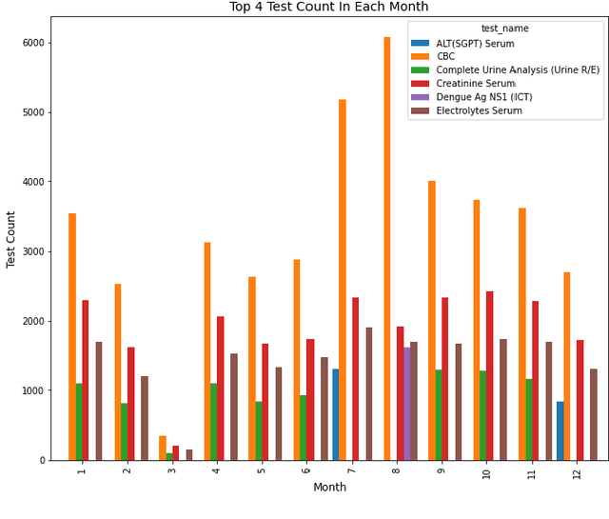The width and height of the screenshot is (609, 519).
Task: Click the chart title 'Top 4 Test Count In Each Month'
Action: [329, 8]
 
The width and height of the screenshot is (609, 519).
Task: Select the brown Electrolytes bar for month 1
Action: [99, 401]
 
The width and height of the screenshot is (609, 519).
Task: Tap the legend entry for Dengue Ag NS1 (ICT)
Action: [483, 97]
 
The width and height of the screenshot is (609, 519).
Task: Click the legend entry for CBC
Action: [445, 57]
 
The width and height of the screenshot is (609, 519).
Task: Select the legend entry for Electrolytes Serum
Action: [479, 110]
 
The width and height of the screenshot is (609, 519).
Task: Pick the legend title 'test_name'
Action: [505, 29]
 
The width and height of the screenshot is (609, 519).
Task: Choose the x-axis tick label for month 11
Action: [532, 472]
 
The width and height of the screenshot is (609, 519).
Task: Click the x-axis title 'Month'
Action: [329, 488]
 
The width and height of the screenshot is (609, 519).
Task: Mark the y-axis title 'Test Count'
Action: [11, 238]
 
